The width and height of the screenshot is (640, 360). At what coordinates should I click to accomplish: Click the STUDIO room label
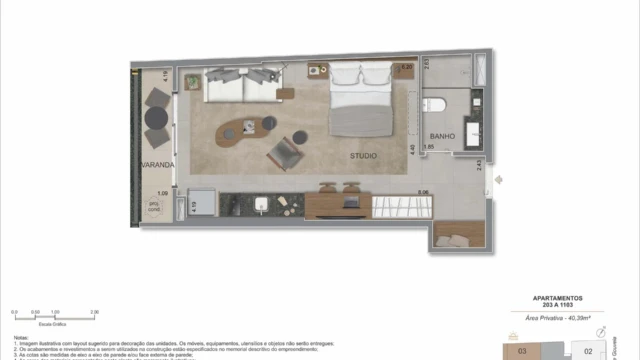[364, 156]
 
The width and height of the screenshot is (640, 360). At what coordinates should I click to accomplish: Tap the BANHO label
[443, 136]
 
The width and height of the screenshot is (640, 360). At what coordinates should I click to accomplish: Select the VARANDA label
[157, 164]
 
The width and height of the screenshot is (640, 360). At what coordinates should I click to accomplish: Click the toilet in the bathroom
[435, 104]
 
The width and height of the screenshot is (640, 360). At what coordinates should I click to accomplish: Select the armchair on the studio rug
[285, 155]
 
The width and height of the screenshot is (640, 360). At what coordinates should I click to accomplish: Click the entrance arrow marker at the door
[499, 180]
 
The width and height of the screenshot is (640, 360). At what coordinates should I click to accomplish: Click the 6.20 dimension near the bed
[406, 68]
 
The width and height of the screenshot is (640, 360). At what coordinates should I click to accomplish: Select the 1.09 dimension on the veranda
[162, 194]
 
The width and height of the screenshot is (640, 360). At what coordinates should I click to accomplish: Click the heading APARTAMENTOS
[558, 298]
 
